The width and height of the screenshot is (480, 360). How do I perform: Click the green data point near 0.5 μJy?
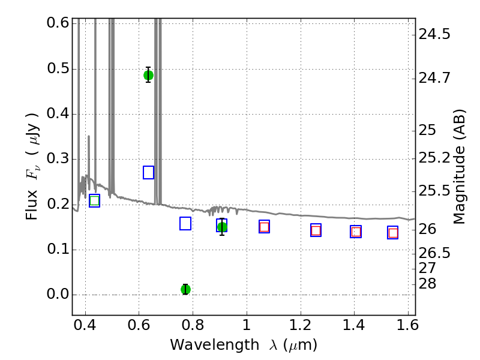point(148,76)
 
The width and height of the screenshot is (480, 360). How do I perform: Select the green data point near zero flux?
point(185,289)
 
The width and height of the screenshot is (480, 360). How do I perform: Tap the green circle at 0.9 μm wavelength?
point(222,227)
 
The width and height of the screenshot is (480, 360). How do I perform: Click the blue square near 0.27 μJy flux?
point(148,173)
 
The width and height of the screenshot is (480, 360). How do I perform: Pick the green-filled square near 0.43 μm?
point(95,201)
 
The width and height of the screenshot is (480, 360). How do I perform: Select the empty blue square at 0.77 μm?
point(185,223)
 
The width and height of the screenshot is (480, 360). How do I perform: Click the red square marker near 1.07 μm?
point(264,227)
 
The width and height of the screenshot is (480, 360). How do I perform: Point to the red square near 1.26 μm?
point(316,230)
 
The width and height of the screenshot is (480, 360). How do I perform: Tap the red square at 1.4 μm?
point(356,232)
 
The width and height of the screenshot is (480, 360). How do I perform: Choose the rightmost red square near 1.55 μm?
point(393,233)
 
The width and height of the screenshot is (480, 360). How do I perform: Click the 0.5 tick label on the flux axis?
point(58,68)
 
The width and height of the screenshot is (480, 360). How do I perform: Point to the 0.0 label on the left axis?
point(58,294)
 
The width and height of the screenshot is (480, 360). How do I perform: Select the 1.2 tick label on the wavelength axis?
point(301,325)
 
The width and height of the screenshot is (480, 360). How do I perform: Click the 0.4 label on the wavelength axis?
point(85,325)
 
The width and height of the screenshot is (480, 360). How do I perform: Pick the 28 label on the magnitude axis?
point(427,284)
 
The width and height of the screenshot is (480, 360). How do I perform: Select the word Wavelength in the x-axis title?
point(215,345)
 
